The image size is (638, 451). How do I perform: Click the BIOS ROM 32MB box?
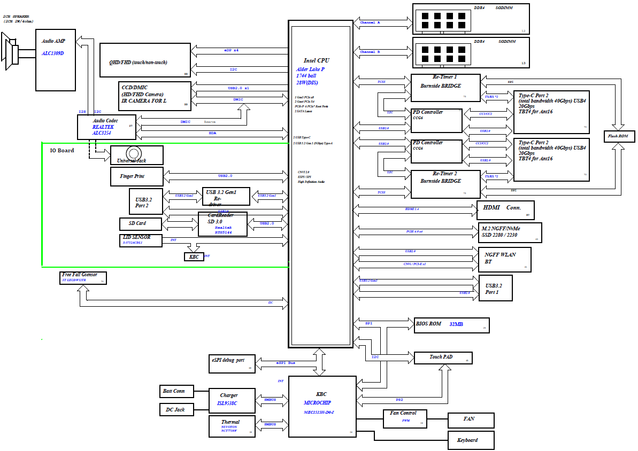451,324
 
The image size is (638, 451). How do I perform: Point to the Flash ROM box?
619,136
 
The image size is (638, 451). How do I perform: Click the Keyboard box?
471,440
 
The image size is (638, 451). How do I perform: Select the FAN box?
471,420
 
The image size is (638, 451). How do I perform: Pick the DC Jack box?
176,410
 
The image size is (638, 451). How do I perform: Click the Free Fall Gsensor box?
83,278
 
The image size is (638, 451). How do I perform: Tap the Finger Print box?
136,176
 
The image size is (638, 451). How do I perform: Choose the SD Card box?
140,223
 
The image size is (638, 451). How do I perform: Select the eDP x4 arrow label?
231,50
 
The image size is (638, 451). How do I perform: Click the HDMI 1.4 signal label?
412,209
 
